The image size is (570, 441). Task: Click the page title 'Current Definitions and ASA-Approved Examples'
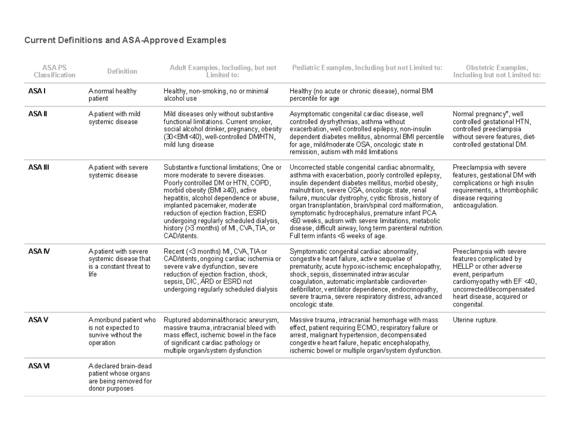[125, 40]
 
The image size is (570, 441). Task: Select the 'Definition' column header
[122, 71]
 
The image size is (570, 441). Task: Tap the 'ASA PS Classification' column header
[55, 71]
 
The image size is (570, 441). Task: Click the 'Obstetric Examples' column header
[497, 71]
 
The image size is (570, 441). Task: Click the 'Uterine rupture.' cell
[475, 320]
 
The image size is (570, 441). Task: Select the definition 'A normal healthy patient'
[113, 95]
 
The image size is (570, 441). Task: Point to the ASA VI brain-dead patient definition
[120, 377]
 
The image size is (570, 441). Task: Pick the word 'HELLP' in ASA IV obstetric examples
[463, 267]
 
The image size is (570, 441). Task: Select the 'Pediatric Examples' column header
[367, 68]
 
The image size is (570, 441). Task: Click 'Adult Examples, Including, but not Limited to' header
[223, 71]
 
